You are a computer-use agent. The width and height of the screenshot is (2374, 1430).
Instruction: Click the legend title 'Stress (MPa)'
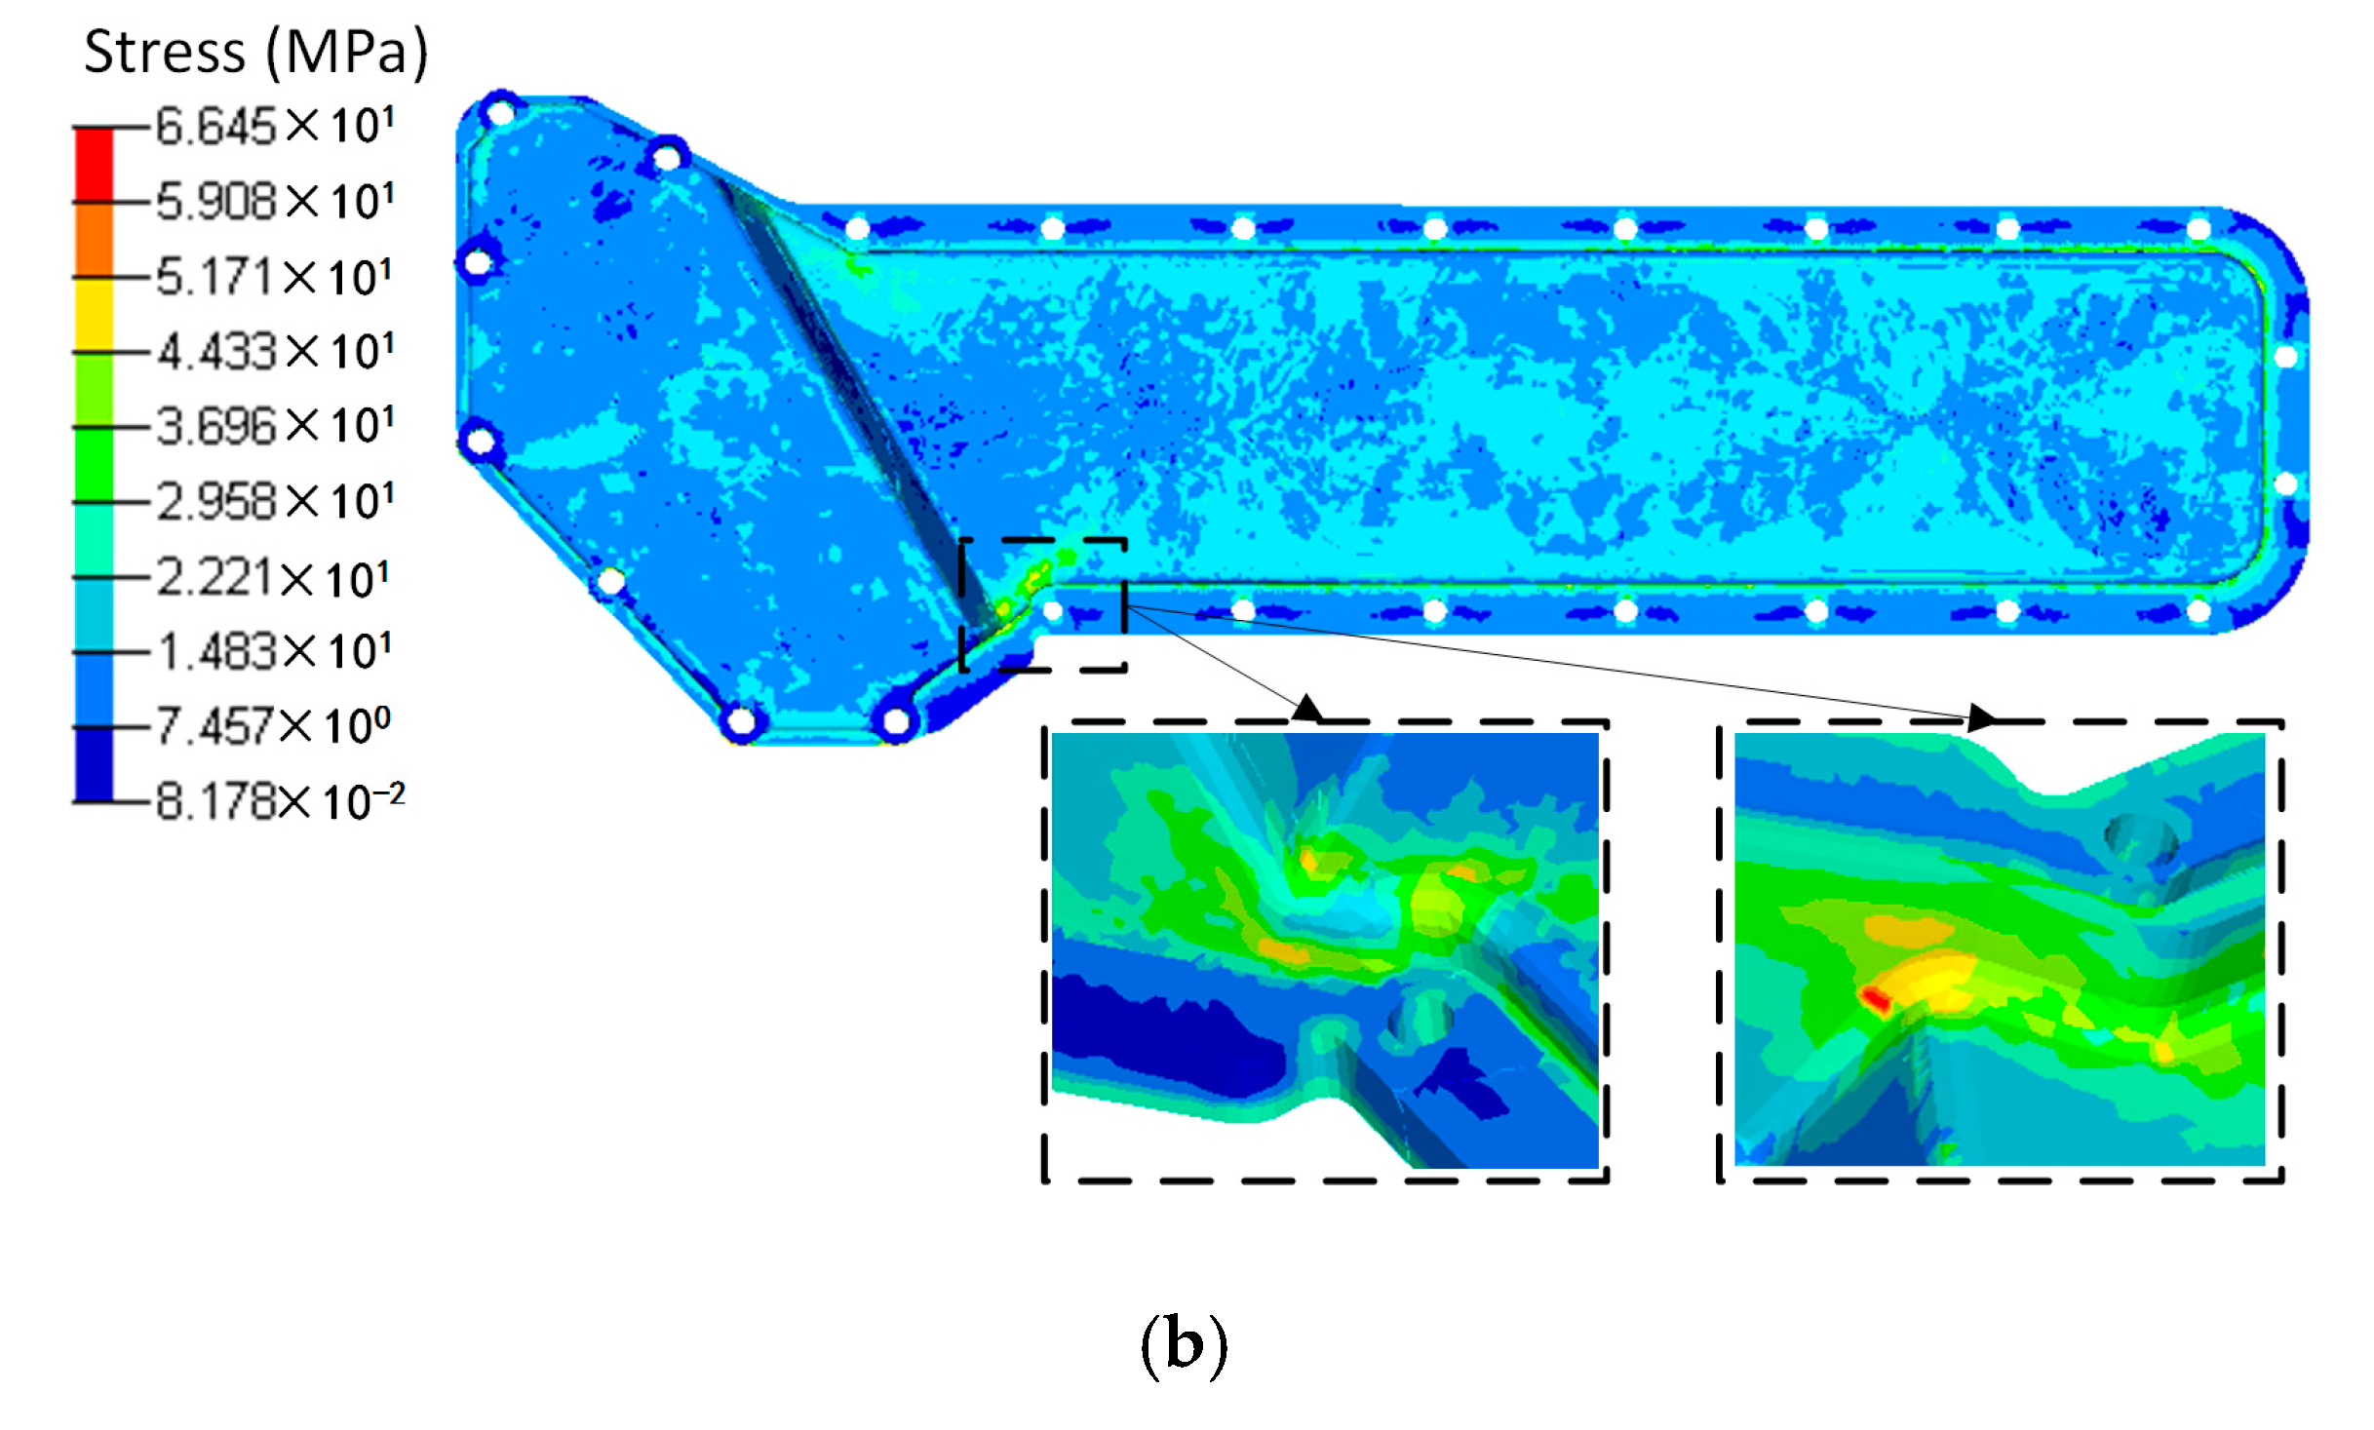coord(255,53)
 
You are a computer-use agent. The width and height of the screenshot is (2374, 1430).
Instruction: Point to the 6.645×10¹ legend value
coord(275,127)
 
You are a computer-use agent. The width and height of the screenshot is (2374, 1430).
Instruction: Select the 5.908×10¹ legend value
coord(275,202)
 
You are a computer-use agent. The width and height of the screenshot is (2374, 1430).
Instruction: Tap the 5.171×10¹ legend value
coord(274,277)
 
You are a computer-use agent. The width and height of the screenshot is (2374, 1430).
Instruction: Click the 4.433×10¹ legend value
coord(275,351)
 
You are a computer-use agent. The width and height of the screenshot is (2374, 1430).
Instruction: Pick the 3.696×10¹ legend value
coord(275,426)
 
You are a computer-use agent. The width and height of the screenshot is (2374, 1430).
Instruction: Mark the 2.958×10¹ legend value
coord(275,502)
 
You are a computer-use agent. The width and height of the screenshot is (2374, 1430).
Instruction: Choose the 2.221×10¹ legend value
coord(273,578)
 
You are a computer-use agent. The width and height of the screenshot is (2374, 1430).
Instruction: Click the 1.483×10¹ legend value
coord(274,651)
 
